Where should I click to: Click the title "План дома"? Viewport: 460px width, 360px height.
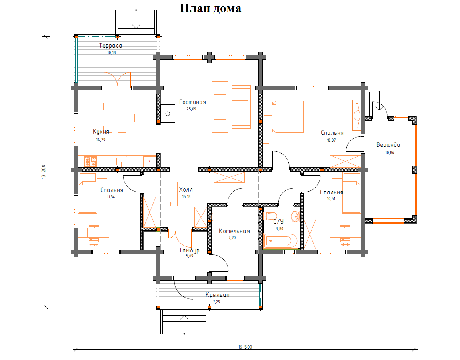point(210,8)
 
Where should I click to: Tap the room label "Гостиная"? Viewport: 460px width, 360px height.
point(192,102)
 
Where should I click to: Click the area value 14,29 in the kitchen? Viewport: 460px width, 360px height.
point(101,140)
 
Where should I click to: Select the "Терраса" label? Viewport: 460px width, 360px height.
point(110,46)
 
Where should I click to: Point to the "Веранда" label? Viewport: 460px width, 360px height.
point(388,145)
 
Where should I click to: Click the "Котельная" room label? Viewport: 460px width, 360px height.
point(234,231)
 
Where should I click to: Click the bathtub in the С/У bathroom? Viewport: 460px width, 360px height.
point(281,241)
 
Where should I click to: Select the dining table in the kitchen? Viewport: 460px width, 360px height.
point(115,117)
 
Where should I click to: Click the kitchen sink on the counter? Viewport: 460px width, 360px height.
point(121,161)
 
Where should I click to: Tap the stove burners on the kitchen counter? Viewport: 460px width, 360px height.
point(90,161)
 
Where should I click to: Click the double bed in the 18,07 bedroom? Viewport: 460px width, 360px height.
point(283,116)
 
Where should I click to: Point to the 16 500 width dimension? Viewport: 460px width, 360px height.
point(245,347)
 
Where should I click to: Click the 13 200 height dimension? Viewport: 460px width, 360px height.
point(44,172)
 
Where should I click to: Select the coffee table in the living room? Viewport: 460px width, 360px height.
point(220,107)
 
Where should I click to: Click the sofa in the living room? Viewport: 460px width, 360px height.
point(242,107)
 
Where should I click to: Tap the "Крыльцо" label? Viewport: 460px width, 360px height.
point(217,295)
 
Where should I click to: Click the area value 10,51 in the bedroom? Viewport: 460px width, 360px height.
point(331,198)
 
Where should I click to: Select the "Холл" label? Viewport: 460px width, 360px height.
point(186,190)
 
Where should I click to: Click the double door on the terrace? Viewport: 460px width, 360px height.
point(117,80)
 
